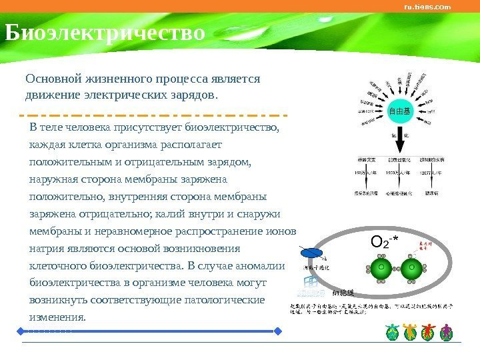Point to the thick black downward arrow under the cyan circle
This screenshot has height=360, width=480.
tap(399, 137)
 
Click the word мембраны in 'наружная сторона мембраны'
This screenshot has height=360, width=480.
tap(150, 179)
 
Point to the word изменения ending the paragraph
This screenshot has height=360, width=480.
tap(57, 317)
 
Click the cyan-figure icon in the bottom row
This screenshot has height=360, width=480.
tap(392, 332)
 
